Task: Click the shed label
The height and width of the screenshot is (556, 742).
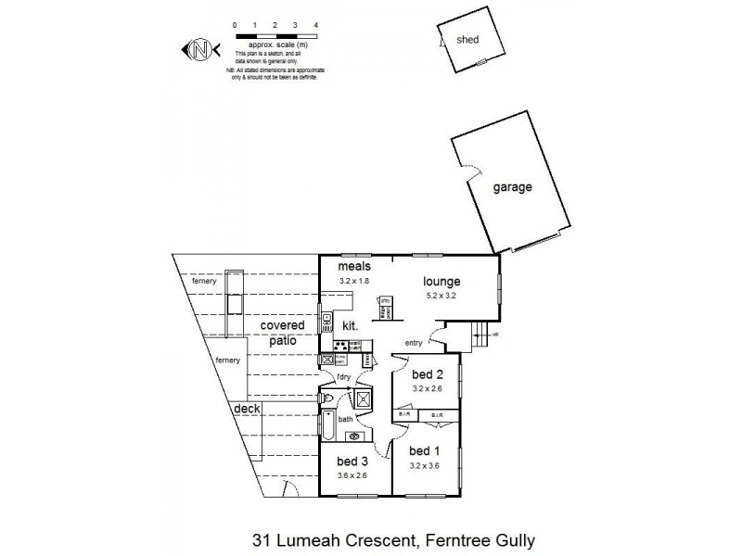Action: (x=467, y=39)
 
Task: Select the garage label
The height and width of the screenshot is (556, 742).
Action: (x=512, y=187)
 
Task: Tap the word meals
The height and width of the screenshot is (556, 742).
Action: (x=354, y=267)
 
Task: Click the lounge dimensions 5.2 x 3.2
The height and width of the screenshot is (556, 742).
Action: (x=441, y=296)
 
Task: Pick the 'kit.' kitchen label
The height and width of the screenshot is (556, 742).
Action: (x=352, y=326)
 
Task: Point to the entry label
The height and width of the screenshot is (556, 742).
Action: (x=414, y=343)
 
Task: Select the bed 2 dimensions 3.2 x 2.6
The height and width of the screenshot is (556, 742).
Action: (x=427, y=389)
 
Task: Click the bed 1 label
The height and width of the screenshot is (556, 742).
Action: (x=426, y=451)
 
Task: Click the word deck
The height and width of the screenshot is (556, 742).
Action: (x=247, y=408)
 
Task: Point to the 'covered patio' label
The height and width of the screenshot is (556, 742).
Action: (x=282, y=333)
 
